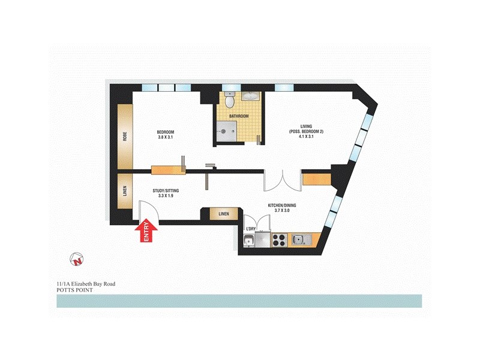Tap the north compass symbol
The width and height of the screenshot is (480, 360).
point(77,260)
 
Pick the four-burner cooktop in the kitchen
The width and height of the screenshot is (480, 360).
point(279,241)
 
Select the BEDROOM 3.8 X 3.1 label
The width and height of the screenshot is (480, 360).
point(166,135)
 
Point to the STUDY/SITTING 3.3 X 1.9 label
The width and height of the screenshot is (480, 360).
point(166,193)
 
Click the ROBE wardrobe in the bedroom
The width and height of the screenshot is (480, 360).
point(125,138)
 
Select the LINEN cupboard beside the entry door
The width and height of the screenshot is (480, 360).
point(125,191)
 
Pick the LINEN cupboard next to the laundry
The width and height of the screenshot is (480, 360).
point(223,214)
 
